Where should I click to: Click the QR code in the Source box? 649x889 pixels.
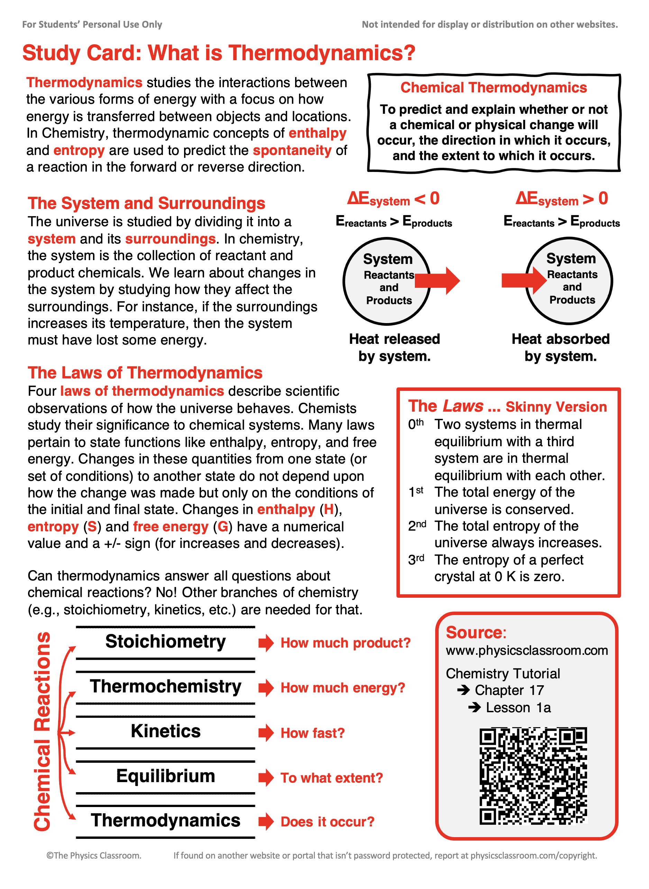pos(533,776)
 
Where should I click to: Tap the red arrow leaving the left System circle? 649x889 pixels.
pos(437,281)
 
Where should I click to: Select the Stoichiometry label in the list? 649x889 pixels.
pos(165,642)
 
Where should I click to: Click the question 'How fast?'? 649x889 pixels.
pos(312,733)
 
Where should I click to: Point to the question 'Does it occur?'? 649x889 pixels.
pos(327,822)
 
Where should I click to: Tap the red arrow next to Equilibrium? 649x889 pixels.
pos(266,778)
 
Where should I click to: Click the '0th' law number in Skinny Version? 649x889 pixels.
pos(415,424)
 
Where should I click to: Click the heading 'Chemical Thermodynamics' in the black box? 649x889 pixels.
pos(493,88)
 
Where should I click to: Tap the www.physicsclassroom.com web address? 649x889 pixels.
pos(527,651)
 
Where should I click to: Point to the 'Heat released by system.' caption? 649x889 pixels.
pos(394,348)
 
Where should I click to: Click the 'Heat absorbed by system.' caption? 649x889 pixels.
pos(560,348)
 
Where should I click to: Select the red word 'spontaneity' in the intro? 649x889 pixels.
pos(292,150)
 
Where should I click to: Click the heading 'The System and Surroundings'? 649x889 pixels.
pos(146,203)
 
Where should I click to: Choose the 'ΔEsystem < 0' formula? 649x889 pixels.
pos(393,199)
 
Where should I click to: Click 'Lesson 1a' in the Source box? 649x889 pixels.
pos(518,707)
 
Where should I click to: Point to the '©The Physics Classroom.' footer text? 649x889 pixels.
pos(94,855)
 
